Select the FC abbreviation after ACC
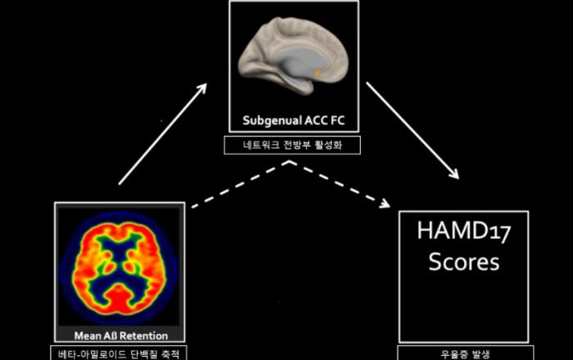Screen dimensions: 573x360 point(337,120)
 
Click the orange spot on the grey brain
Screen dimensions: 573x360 point(318,73)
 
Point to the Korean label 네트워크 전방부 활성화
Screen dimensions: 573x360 point(292,146)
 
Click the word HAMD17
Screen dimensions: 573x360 point(464,231)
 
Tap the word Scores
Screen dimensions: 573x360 point(464,262)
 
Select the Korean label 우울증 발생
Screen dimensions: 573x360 point(465,354)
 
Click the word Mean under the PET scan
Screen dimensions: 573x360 point(88,335)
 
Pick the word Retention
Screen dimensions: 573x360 point(144,335)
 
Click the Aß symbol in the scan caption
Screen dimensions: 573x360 point(111,335)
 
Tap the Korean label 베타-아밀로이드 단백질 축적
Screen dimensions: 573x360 point(119,354)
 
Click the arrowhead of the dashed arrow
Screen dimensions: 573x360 point(385,203)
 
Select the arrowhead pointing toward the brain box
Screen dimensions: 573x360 point(201,88)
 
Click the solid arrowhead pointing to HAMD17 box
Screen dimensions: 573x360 point(454,173)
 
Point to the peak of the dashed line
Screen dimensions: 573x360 point(291,162)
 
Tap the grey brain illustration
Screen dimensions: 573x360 point(292,55)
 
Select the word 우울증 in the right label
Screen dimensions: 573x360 point(453,354)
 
